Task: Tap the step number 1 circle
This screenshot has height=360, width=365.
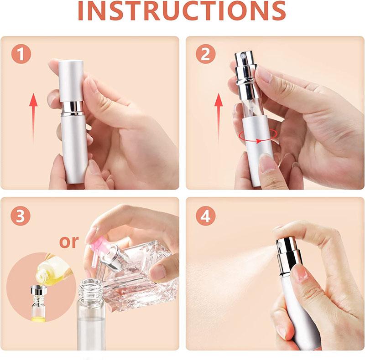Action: click(21, 55)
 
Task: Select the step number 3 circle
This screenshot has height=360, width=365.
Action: click(21, 216)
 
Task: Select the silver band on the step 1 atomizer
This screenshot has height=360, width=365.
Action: click(73, 108)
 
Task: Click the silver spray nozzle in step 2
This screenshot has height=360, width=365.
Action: click(246, 68)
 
